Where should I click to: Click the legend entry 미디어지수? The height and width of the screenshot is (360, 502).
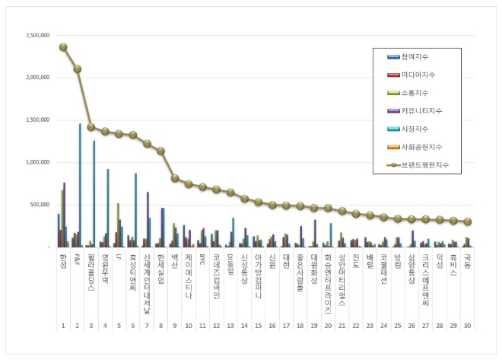pyautogui.click(x=419, y=75)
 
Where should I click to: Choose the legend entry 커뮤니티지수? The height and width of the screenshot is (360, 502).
pyautogui.click(x=421, y=111)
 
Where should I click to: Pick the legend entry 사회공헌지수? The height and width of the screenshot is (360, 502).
pyautogui.click(x=421, y=146)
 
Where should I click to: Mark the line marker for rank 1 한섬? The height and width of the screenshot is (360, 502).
pyautogui.click(x=63, y=47)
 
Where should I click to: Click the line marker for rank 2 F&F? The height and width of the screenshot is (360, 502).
pyautogui.click(x=77, y=69)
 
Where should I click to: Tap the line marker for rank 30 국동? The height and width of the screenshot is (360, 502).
pyautogui.click(x=467, y=222)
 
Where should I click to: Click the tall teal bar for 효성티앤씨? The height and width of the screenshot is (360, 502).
pyautogui.click(x=135, y=210)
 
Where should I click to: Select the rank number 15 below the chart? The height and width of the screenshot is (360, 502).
pyautogui.click(x=258, y=325)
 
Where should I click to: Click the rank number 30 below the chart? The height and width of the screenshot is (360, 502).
pyautogui.click(x=467, y=325)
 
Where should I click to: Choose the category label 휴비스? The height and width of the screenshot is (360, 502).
pyautogui.click(x=453, y=263)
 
